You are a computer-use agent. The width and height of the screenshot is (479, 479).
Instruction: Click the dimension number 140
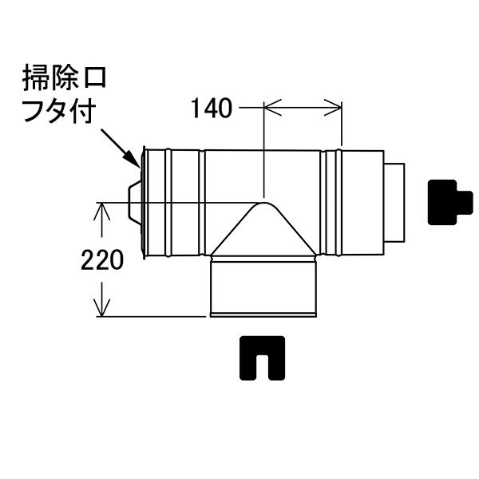212,109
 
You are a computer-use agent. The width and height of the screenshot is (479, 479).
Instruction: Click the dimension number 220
102,259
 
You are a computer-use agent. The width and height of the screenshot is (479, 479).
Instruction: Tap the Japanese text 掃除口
64,77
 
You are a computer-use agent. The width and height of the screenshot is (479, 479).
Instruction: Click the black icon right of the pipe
449,203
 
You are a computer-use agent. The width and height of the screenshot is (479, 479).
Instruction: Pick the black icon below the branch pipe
262,358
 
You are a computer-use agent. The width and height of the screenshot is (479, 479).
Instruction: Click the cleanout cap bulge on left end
135,202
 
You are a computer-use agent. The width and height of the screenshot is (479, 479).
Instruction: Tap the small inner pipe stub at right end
394,203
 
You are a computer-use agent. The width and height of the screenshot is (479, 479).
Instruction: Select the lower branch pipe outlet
263,287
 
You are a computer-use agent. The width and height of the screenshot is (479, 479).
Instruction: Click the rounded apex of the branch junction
264,203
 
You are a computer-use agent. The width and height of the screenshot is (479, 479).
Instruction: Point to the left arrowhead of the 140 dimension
272,108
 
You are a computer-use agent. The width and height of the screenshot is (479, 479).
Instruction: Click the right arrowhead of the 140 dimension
333,108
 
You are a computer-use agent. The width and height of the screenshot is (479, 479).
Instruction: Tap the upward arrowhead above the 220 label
101,212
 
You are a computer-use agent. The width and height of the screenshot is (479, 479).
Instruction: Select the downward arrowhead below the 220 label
101,308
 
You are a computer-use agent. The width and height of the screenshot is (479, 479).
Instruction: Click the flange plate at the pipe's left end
144,203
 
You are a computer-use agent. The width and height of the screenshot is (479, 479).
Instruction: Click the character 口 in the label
94,78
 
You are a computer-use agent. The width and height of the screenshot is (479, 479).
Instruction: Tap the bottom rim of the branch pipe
263,315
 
